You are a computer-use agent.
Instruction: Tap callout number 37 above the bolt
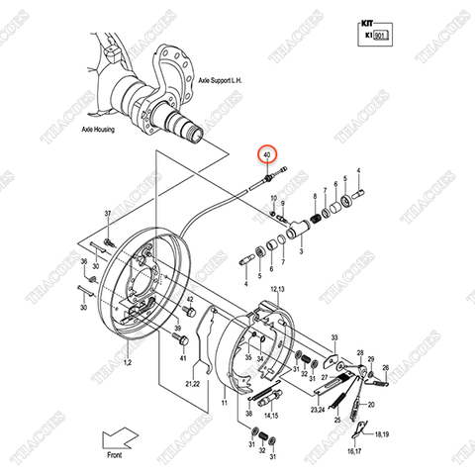tap(108, 214)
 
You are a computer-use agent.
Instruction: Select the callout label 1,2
tap(127, 363)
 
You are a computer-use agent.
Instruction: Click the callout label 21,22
tap(190, 383)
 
